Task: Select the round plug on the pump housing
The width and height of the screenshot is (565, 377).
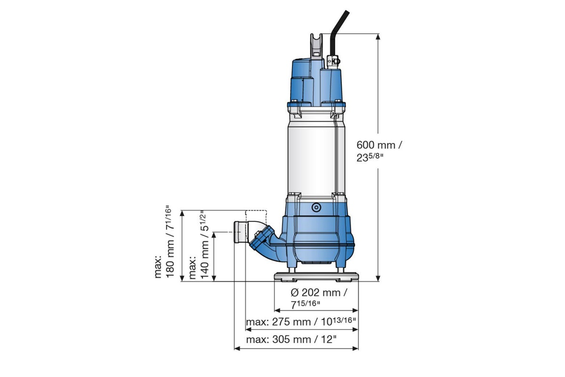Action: pos(315,207)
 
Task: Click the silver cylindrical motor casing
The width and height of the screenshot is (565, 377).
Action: pos(311,156)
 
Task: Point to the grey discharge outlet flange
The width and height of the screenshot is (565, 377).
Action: pos(240,232)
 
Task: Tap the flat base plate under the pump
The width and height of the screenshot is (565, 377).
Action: pos(315,276)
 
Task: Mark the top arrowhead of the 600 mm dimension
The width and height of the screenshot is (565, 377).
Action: pos(379,36)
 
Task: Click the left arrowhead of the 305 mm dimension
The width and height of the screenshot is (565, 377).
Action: pos(237,349)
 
